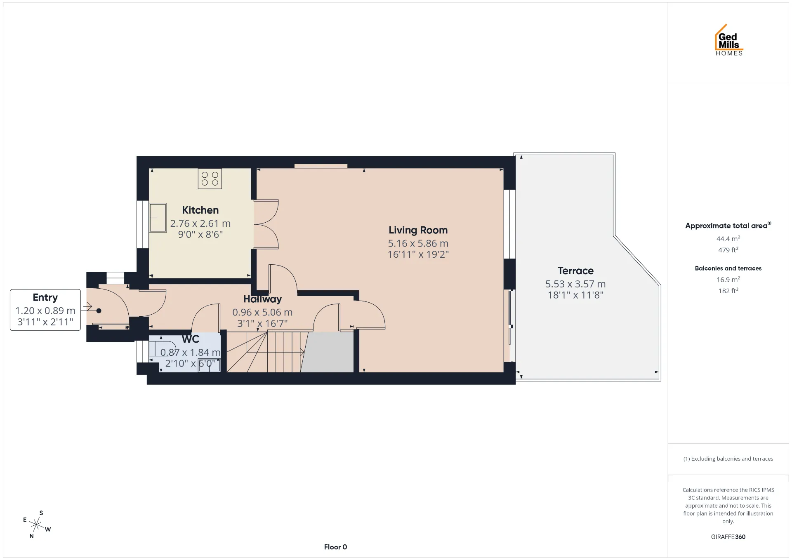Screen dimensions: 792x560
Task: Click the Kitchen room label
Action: coord(200,210)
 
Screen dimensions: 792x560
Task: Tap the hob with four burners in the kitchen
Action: coord(210,179)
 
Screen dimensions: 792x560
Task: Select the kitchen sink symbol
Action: coord(158,217)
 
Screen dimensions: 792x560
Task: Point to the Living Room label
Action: coord(418,230)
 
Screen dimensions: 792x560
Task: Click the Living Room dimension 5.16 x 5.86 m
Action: coord(418,243)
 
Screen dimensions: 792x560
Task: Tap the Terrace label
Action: coord(575,271)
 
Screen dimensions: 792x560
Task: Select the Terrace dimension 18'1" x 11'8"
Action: coord(575,295)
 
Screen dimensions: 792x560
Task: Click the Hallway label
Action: coord(262,299)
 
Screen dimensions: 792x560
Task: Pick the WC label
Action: coord(191,339)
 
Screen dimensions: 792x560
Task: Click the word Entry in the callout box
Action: coord(45,298)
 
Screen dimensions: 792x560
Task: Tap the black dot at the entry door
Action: coord(99,311)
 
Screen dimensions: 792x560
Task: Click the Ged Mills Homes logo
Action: coord(729,40)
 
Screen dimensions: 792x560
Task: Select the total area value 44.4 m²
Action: coord(728,239)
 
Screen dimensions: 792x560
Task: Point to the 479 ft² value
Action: coord(728,250)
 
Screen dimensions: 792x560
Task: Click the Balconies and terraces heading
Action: coord(728,268)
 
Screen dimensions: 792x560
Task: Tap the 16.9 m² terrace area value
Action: coord(728,280)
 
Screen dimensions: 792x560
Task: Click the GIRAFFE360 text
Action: coord(728,537)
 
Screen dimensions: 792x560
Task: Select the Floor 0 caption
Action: coord(335,547)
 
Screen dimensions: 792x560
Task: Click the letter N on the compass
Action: coord(31,536)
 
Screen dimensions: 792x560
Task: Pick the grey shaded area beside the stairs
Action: coord(328,352)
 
